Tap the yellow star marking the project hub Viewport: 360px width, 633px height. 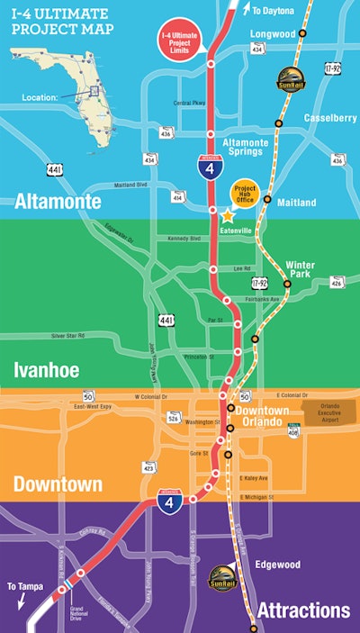tap(227, 215)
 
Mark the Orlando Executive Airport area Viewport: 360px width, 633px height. tap(323, 412)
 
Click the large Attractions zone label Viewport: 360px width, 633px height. tap(302, 610)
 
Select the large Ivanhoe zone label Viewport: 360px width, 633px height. tap(47, 369)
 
